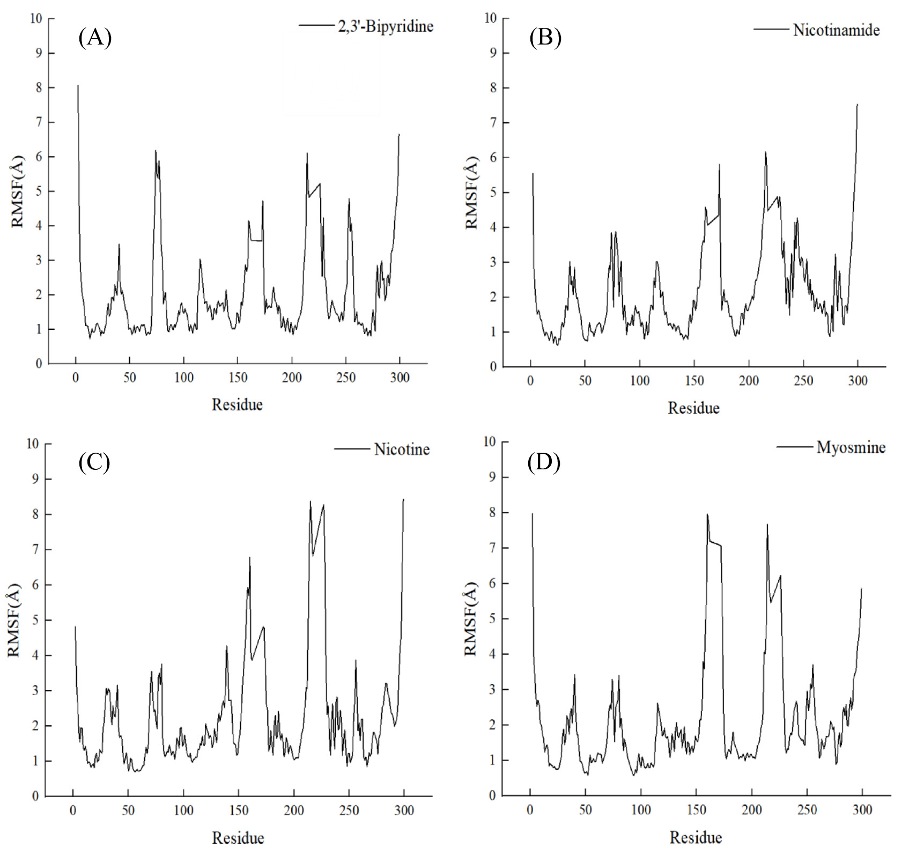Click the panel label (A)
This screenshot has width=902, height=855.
pyautogui.click(x=95, y=38)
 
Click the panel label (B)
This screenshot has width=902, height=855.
pyautogui.click(x=545, y=38)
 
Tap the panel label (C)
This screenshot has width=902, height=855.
pyautogui.click(x=94, y=462)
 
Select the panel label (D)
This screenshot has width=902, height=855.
pyautogui.click(x=544, y=462)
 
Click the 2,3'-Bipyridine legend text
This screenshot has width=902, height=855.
pyautogui.click(x=386, y=26)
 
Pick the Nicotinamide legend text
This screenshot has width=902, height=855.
pyautogui.click(x=836, y=30)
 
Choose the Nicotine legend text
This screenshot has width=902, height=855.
pyautogui.click(x=402, y=449)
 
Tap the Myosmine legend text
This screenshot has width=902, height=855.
pyautogui.click(x=851, y=447)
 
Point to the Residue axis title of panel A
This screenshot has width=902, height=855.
pyautogui.click(x=237, y=404)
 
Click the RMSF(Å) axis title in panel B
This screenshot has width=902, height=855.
pyautogui.click(x=471, y=193)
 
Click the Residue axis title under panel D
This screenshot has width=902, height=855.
pyautogui.click(x=696, y=837)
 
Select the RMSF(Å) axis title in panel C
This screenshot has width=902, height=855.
pyautogui.click(x=14, y=620)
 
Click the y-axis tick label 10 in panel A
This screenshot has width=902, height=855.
pyautogui.click(x=35, y=18)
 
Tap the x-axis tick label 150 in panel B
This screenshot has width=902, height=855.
pyautogui.click(x=694, y=381)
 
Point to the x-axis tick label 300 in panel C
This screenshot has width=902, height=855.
pyautogui.click(x=404, y=810)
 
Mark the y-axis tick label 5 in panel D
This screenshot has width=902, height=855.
pyautogui.click(x=491, y=618)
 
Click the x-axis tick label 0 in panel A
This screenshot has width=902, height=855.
pyautogui.click(x=76, y=378)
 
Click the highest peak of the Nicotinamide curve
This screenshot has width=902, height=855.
pyautogui.click(x=857, y=105)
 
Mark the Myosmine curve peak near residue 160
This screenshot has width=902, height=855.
pyautogui.click(x=707, y=515)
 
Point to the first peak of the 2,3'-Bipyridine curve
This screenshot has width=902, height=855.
pyautogui.click(x=78, y=85)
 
